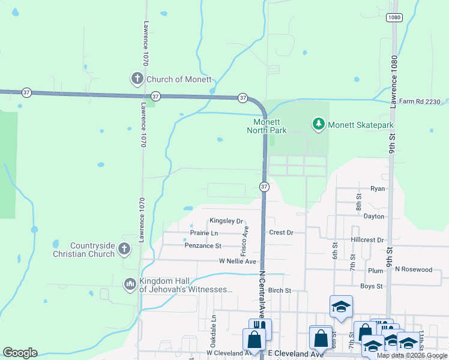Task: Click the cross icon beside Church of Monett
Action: (x=137, y=79)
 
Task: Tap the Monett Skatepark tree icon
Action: (x=318, y=125)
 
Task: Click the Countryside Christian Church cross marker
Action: (x=124, y=249)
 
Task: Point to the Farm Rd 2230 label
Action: (x=423, y=101)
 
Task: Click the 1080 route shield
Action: (x=394, y=18)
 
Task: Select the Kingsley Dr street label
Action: (x=226, y=221)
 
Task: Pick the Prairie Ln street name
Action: (x=204, y=233)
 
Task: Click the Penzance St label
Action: (x=203, y=246)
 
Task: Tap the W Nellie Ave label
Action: (x=237, y=262)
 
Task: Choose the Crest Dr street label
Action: (x=281, y=233)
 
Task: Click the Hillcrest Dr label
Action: (x=367, y=240)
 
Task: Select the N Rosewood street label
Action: (x=413, y=269)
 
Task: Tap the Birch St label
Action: (x=279, y=290)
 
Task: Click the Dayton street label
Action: (x=373, y=216)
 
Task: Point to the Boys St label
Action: (x=372, y=286)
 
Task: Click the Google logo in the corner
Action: (x=20, y=353)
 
